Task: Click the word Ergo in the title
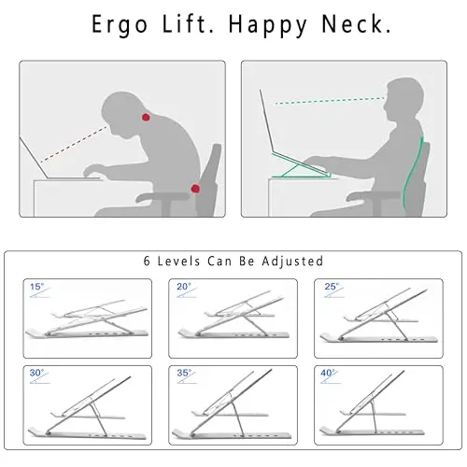(120, 25)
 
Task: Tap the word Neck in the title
(356, 23)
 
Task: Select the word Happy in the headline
(267, 26)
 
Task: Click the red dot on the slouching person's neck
(146, 118)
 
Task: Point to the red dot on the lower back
(195, 189)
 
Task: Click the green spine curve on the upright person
(412, 175)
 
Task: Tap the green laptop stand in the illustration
(301, 166)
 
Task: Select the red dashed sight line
(74, 144)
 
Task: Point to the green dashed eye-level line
(330, 101)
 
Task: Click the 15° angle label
(37, 287)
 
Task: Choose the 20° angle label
(184, 287)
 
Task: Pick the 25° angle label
(332, 287)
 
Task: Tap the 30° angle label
(36, 373)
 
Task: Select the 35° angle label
(184, 373)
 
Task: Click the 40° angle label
(329, 373)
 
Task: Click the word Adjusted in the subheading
(292, 262)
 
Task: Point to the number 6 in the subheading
(147, 262)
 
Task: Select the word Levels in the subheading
(178, 262)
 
